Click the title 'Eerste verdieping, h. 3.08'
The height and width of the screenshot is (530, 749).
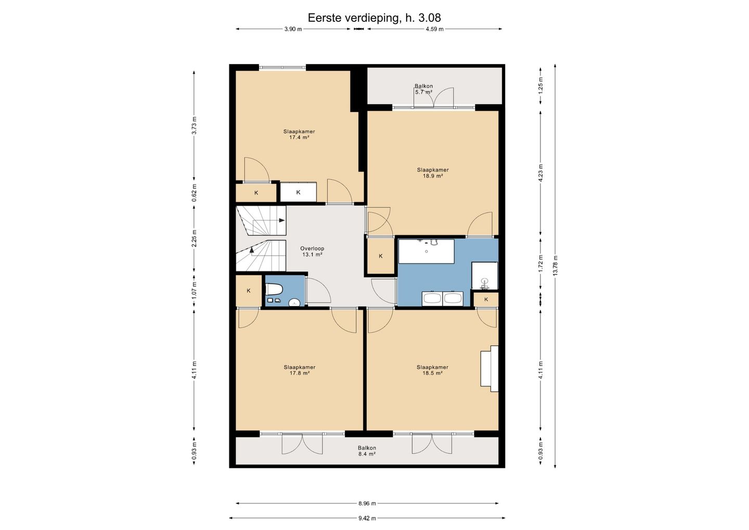pos(374,18)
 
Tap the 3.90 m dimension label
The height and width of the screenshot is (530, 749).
pos(293,29)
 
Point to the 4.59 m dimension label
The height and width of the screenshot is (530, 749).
pos(435,29)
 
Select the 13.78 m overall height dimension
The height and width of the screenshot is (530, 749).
pos(556,266)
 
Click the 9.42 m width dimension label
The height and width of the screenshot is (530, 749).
pos(367,519)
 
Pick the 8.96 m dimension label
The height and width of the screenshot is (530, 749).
pos(367,503)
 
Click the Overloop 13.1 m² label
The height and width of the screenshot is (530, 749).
pos(312,251)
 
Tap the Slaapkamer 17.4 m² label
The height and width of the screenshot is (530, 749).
pos(299,134)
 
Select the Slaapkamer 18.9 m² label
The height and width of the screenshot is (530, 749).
pos(433,173)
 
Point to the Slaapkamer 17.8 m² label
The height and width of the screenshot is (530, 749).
pos(300,370)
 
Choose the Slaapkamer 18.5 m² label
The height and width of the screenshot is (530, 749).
pos(433,370)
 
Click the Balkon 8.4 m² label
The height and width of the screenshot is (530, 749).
pos(367,451)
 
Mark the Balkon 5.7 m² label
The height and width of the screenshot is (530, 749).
pos(423,89)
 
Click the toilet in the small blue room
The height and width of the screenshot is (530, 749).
pos(274,289)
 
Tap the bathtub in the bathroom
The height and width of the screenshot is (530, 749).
pos(427,251)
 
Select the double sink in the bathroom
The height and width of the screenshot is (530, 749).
pos(443,298)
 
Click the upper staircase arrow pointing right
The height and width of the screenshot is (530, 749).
pos(281,220)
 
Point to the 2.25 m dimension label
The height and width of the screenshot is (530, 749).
pos(195,238)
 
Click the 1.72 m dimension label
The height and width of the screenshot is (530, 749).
pos(541,263)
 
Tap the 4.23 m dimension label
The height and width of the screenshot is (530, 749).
pos(541,173)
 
